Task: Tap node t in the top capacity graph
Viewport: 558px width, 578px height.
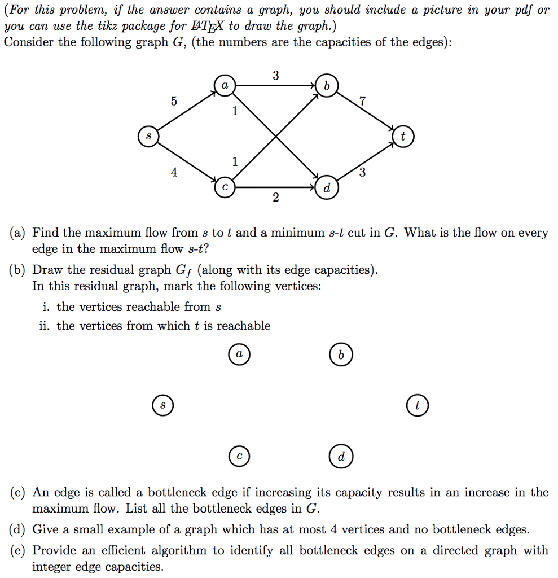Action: point(402,137)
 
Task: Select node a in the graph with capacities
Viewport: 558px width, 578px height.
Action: point(225,86)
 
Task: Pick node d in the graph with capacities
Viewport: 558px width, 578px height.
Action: point(327,189)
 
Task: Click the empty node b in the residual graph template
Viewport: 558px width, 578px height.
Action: point(340,355)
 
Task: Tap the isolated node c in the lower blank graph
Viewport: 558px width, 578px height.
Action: point(239,457)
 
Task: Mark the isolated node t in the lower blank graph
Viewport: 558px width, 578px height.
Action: point(417,405)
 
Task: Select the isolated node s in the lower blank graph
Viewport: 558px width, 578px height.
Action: point(162,405)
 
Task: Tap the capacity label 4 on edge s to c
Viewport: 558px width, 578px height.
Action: point(174,173)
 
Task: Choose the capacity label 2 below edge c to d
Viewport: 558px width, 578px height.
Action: point(275,198)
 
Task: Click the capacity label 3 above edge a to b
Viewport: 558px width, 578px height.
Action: point(275,76)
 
